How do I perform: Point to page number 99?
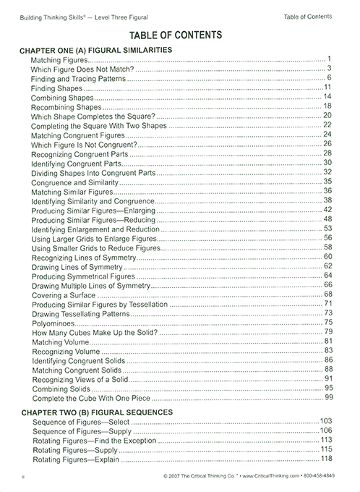[x=327, y=397]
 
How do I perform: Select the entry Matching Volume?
[x=60, y=341]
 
